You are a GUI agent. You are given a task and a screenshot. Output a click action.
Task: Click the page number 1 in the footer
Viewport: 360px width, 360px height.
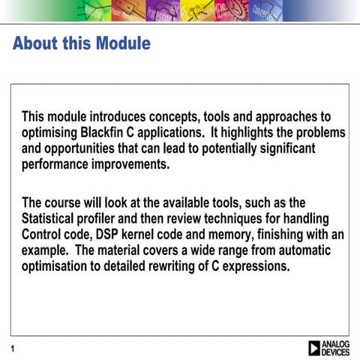(13, 348)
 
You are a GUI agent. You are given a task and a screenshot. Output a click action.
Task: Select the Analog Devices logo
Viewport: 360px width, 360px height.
(328, 347)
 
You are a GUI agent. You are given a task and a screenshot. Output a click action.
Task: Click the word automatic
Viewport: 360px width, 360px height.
(302, 250)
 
